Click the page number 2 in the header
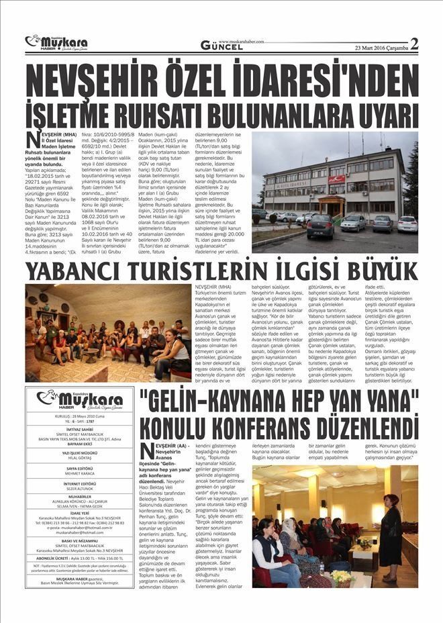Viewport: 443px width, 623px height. [414, 44]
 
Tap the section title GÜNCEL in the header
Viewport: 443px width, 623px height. [222, 46]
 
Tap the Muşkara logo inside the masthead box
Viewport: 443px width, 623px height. [80, 401]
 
